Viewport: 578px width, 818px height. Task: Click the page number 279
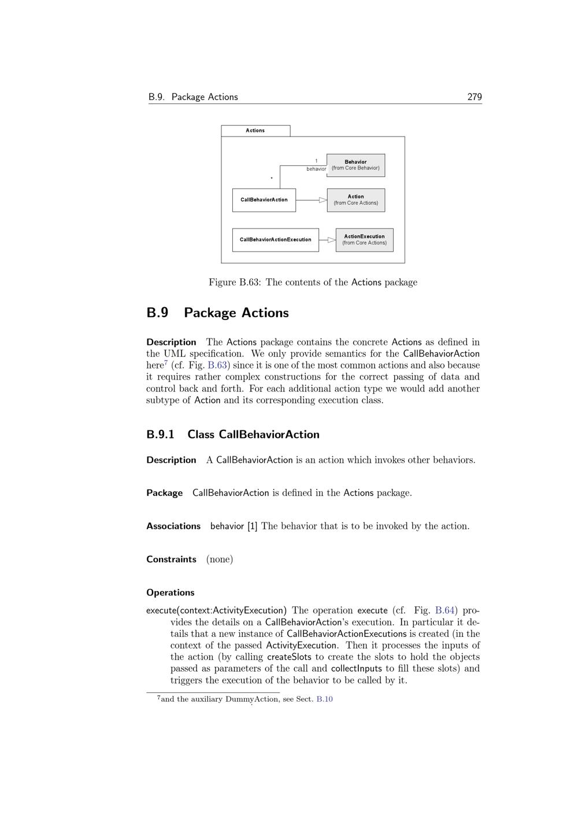[474, 97]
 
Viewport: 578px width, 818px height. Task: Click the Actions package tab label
[255, 131]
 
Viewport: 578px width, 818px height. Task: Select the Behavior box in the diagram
[355, 165]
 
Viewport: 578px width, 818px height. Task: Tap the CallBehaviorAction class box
[264, 200]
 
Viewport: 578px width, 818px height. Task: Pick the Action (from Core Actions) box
[355, 200]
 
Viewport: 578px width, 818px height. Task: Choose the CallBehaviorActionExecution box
[275, 240]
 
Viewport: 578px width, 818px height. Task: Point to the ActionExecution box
[364, 240]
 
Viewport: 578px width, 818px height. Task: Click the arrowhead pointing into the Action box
[323, 200]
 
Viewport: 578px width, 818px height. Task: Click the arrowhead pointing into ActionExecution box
[331, 240]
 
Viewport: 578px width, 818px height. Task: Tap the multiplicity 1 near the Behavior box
[316, 161]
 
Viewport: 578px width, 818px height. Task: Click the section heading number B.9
[157, 313]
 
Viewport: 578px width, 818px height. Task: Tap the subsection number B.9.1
[160, 434]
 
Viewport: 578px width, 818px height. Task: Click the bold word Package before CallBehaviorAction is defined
[164, 493]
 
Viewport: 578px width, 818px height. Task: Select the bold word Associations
[173, 526]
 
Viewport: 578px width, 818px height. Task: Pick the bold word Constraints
[171, 559]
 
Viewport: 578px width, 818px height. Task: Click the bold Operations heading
[170, 592]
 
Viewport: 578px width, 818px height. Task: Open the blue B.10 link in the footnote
[324, 699]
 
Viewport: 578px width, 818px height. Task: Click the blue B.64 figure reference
[444, 610]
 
